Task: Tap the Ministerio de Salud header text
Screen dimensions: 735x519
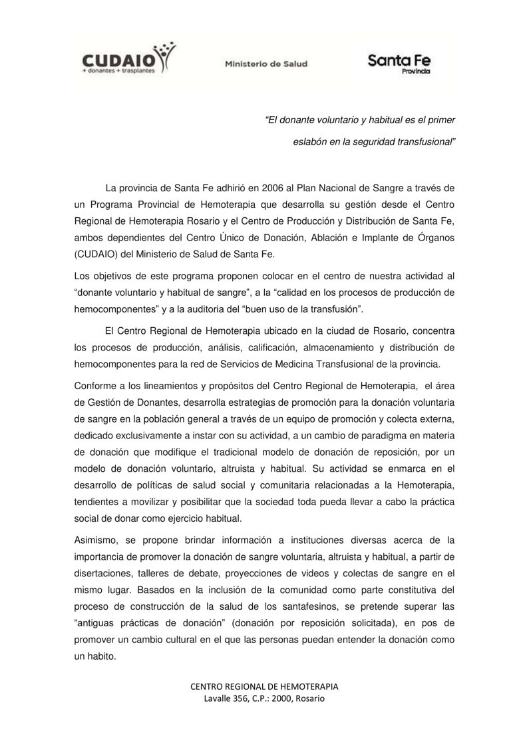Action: (265, 65)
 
